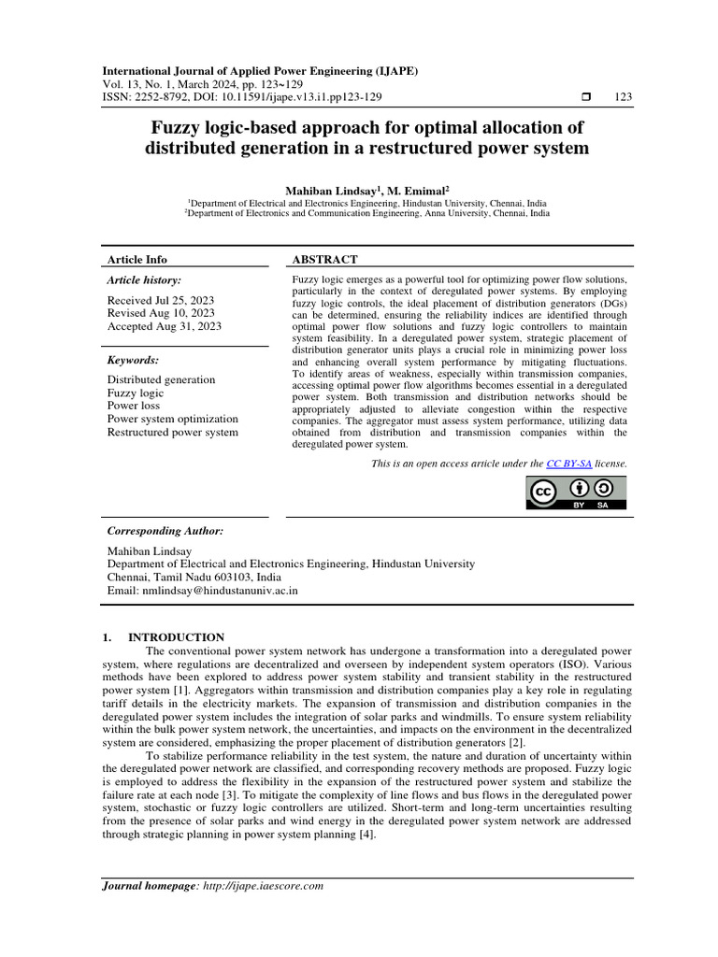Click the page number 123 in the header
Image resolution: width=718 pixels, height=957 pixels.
(x=624, y=98)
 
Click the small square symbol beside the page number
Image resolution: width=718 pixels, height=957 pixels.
(x=586, y=98)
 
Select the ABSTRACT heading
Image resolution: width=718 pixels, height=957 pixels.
(x=325, y=259)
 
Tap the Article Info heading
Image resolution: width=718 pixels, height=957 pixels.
(x=137, y=259)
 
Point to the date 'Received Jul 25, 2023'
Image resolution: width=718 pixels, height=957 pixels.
(x=161, y=300)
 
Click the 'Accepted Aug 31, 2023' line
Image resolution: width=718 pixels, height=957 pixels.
(x=164, y=326)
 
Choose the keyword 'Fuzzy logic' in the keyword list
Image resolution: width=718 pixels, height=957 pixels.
(x=136, y=393)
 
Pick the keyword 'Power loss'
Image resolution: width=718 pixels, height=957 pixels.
(x=134, y=407)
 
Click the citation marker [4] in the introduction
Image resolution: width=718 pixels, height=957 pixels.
(x=365, y=835)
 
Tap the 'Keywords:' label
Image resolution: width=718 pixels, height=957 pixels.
(x=133, y=360)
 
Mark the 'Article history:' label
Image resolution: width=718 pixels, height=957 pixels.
(x=144, y=279)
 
